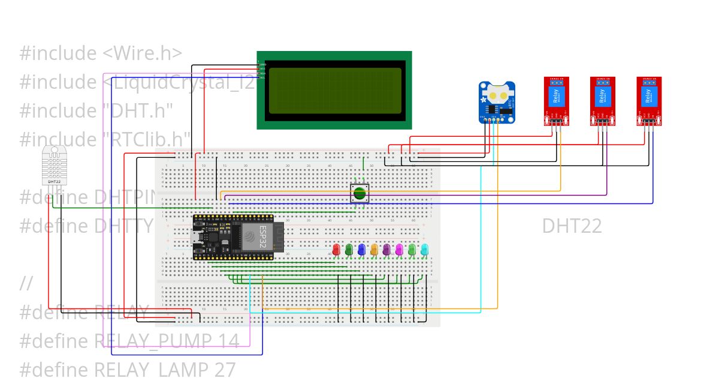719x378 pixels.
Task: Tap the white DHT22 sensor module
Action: (x=54, y=166)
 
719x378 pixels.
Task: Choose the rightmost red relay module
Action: (x=649, y=101)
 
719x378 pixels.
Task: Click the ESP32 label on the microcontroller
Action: (x=262, y=238)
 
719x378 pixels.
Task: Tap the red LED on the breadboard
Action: (x=336, y=249)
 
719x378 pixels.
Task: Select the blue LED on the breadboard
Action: (x=361, y=249)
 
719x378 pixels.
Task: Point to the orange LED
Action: (x=374, y=249)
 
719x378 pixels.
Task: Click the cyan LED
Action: (x=424, y=249)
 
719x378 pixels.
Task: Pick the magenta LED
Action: (x=399, y=249)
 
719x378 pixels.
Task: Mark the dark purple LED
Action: (x=386, y=249)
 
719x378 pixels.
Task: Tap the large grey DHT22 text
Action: (x=572, y=226)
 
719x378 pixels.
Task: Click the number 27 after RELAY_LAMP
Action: (x=224, y=370)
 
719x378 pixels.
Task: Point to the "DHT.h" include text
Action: (x=137, y=111)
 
